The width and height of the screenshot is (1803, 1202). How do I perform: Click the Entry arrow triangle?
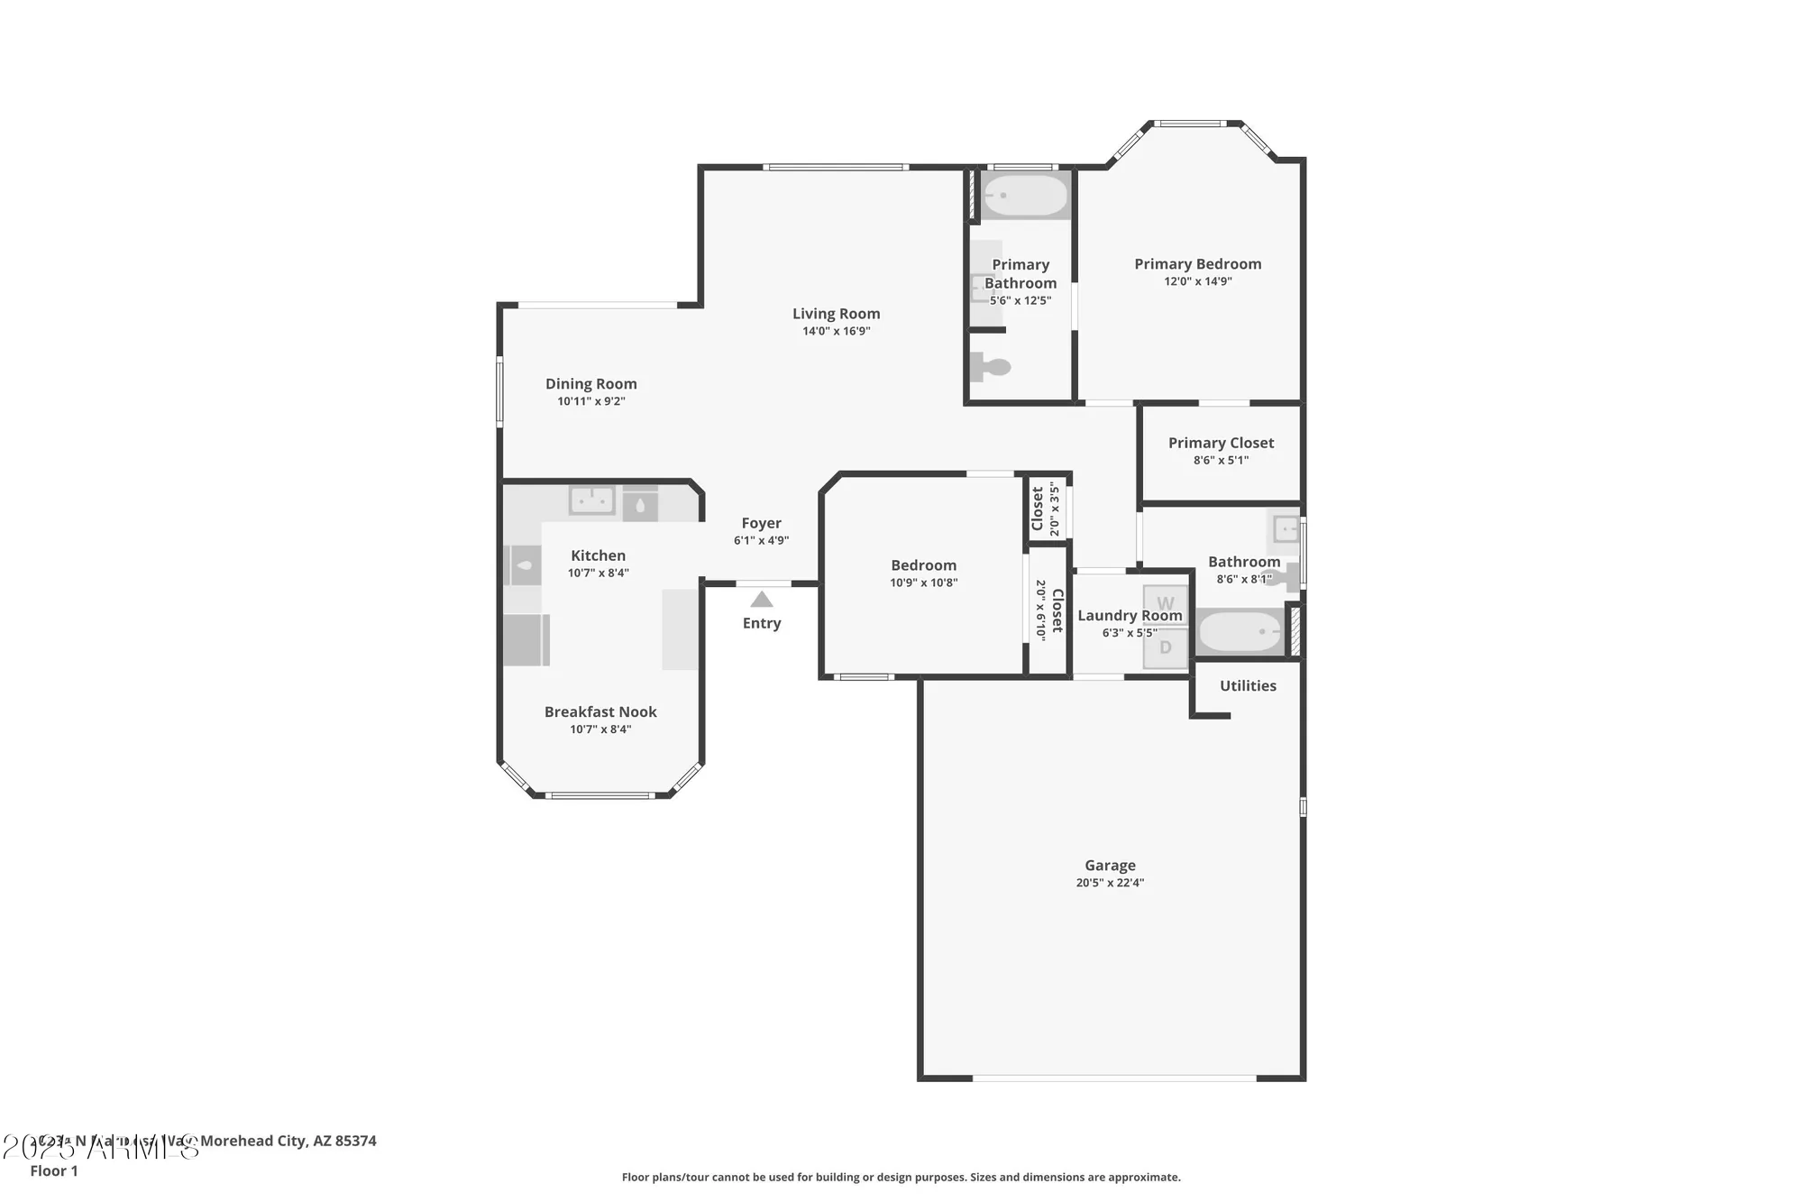click(x=762, y=600)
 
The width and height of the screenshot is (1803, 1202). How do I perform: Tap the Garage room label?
click(x=1110, y=865)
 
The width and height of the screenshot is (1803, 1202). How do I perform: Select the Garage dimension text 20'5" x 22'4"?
click(x=1110, y=883)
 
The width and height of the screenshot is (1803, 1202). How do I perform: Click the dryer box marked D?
click(x=1166, y=647)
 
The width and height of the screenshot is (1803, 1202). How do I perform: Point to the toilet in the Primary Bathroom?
click(x=991, y=367)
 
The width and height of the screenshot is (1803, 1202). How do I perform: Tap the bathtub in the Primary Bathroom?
click(x=1024, y=195)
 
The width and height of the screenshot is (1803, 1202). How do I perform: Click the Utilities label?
click(x=1248, y=685)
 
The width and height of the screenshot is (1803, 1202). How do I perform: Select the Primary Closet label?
click(x=1221, y=443)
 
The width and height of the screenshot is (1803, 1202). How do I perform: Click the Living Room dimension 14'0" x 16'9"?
click(x=837, y=331)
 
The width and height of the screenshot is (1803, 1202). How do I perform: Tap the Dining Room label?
click(x=590, y=384)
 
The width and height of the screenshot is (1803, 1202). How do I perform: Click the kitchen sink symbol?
click(x=592, y=500)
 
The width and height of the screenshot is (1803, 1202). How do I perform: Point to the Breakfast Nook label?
click(x=600, y=711)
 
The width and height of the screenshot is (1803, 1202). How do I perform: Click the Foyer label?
click(x=761, y=523)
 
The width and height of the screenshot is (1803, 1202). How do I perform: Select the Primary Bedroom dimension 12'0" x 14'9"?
click(x=1197, y=281)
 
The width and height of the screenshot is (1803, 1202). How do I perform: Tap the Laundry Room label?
click(x=1130, y=616)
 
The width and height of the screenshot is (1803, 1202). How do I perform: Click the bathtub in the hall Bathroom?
click(x=1240, y=632)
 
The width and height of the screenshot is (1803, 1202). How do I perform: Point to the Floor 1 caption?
click(x=54, y=1170)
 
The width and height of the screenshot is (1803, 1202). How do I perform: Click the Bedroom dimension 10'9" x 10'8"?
click(x=923, y=583)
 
